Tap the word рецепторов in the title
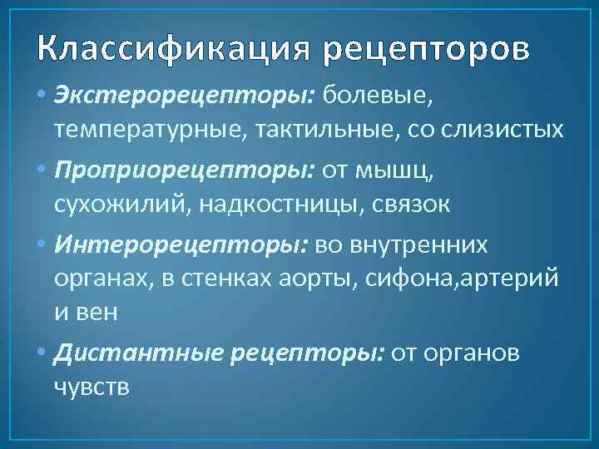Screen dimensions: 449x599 (x=425, y=51)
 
